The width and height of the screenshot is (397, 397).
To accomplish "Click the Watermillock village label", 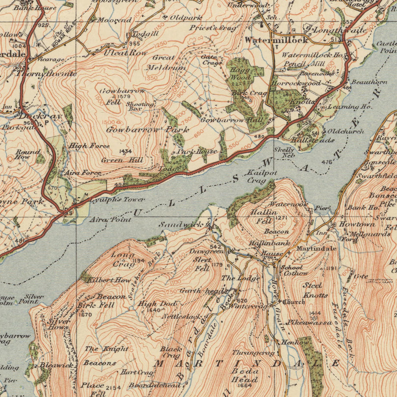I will point(276,40).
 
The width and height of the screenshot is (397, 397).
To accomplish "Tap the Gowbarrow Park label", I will point(147,130).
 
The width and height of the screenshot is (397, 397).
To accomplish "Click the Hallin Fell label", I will point(261,216).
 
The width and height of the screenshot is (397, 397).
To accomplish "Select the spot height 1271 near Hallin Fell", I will point(281,218).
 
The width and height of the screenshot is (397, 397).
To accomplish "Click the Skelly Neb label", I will point(284,153).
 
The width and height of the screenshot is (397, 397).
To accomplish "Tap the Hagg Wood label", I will point(241,74).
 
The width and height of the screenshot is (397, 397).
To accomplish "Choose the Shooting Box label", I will point(140,106).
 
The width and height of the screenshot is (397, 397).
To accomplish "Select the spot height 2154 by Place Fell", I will point(113,388).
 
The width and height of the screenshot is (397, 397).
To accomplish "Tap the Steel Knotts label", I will point(315,290).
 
